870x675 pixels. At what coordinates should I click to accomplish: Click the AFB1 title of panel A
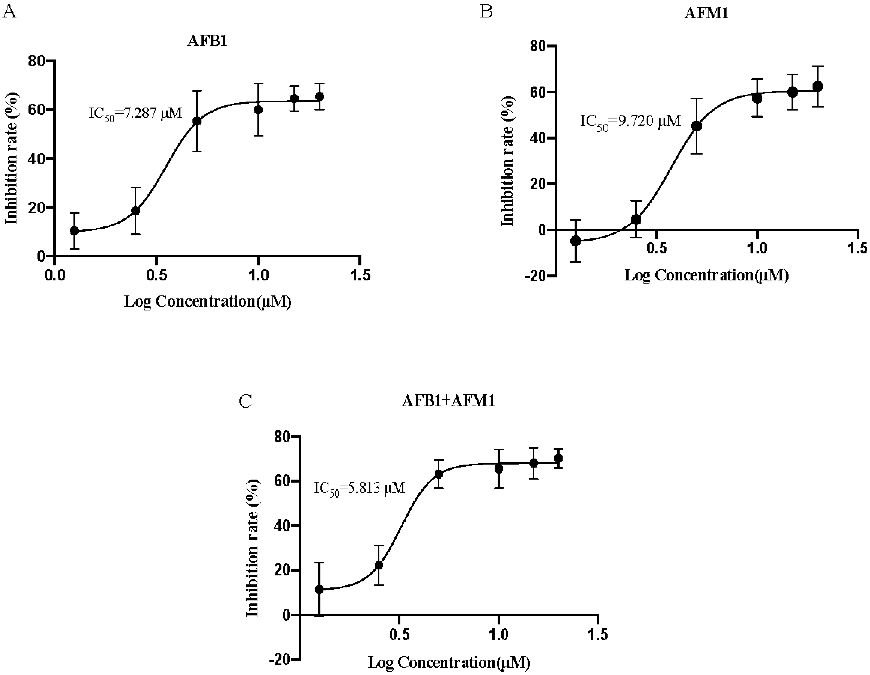[207, 41]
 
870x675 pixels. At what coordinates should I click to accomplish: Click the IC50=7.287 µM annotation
[135, 113]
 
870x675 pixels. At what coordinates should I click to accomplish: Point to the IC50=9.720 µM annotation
[631, 121]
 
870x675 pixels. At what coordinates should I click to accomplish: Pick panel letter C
[245, 401]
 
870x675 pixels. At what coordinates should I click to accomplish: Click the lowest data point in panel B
[576, 241]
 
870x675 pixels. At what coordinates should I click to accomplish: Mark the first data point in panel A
[74, 231]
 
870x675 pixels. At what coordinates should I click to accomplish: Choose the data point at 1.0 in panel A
[258, 110]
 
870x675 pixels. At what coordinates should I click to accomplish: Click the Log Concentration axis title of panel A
[208, 302]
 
